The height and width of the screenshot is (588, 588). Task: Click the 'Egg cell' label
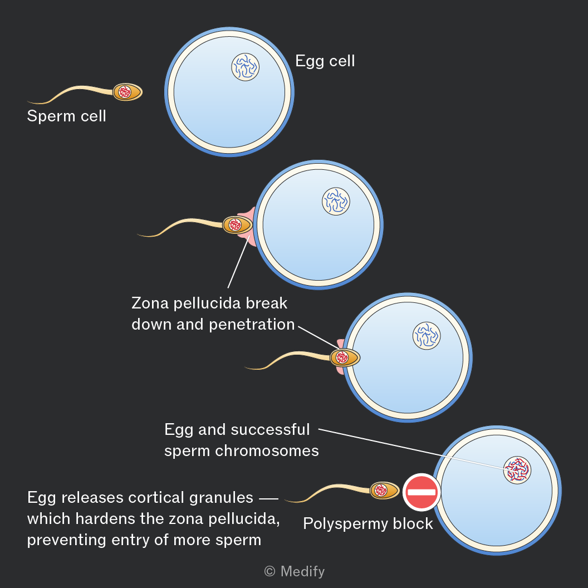click(325, 61)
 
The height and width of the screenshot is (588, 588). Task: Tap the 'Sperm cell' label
click(66, 116)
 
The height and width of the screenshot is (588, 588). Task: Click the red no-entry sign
click(422, 492)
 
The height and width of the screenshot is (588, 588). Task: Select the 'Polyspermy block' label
click(368, 524)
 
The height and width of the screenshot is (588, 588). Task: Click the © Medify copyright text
click(295, 571)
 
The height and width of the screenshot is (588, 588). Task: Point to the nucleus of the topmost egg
click(245, 67)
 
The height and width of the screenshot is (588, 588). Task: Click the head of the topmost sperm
click(128, 92)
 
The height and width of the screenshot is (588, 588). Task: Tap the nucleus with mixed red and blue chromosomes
click(517, 470)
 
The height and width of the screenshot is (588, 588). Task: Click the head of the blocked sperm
click(384, 490)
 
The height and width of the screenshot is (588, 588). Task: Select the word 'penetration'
click(252, 325)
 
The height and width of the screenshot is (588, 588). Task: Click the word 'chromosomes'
click(267, 451)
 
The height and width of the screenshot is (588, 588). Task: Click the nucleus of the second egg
click(336, 202)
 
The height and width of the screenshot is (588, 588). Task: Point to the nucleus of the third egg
click(427, 336)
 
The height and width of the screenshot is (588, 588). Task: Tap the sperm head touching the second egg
click(237, 224)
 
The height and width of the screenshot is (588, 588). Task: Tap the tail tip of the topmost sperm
click(28, 101)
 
